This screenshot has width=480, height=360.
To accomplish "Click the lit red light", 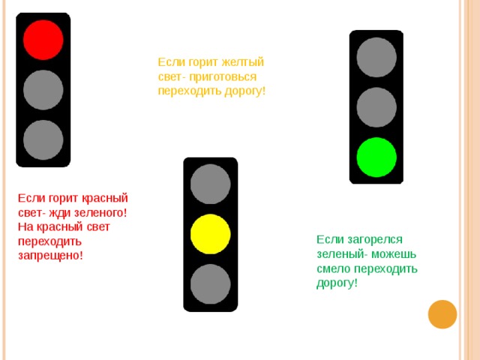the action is pos(43,40).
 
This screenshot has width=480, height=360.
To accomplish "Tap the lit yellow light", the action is pos(210,234).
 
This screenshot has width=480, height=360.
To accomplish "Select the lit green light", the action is pos(376,157).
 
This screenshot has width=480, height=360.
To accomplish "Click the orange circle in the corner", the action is pos(442,314).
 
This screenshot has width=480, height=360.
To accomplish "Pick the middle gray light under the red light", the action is pos(43,90).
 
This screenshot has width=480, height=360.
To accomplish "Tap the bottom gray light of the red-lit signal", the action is pos(43,140).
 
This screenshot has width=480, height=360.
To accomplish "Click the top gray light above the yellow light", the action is pos(210,184).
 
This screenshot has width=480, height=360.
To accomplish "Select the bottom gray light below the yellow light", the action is pos(210,284).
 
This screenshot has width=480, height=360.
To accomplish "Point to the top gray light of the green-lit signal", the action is pos(376,57).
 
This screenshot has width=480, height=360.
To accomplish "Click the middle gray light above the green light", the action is pos(376,107).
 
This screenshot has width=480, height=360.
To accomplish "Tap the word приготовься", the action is pos(223,76).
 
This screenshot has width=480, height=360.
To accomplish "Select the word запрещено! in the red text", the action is pos(50,255).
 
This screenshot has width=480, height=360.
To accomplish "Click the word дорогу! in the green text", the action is pos(337,283).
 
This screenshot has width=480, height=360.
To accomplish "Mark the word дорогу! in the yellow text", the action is pos(245,91).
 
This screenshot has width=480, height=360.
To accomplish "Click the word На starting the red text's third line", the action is pos(25,226).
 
